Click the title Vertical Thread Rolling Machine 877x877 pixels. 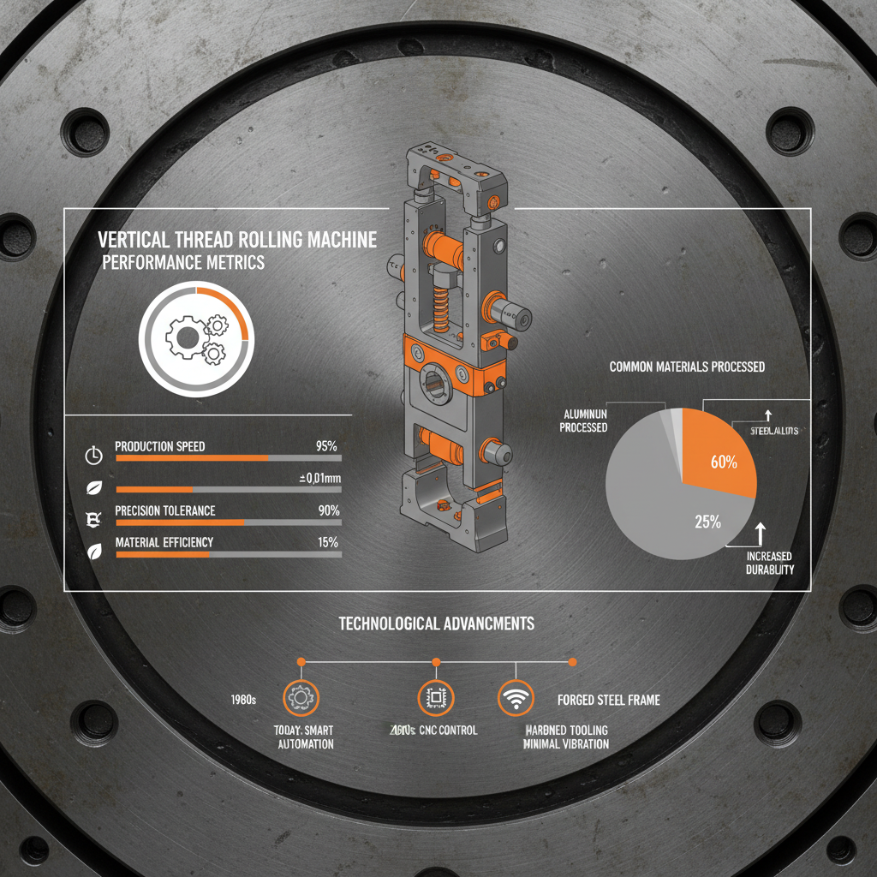(237, 240)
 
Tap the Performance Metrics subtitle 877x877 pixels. (183, 263)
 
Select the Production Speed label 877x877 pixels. (159, 446)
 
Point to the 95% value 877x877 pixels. (326, 446)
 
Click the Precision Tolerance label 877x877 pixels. (164, 510)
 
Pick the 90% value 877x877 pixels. (326, 510)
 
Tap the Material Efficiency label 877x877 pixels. (164, 542)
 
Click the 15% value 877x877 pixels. (327, 542)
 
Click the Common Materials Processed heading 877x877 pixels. (687, 367)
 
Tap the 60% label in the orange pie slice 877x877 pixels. (724, 462)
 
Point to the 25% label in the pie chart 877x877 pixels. (707, 521)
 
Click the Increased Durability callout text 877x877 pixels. (769, 563)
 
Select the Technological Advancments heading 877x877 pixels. (437, 623)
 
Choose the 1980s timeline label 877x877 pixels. (244, 700)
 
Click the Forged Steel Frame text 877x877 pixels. (608, 700)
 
